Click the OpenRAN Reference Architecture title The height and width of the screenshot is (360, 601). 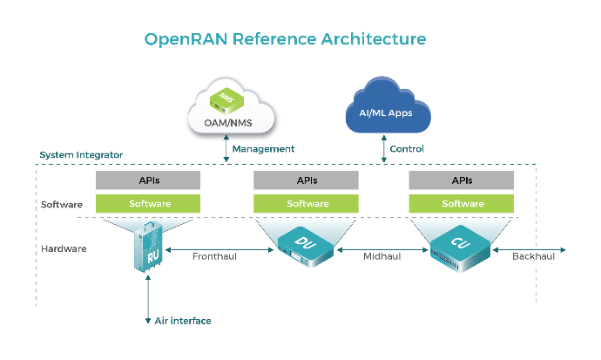(x=285, y=39)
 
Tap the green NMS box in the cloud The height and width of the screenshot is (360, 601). (x=226, y=101)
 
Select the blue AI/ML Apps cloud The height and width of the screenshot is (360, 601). (x=388, y=105)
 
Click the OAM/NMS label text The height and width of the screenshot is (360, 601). (x=228, y=123)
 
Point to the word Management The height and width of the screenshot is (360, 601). (x=263, y=149)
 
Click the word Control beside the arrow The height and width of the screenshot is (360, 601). (x=407, y=149)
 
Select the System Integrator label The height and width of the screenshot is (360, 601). (x=81, y=155)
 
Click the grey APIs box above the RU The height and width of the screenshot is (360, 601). (x=148, y=180)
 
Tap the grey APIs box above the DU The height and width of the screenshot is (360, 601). (x=306, y=180)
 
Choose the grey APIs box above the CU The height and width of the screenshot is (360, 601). (x=462, y=180)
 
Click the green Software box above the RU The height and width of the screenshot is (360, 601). (x=148, y=204)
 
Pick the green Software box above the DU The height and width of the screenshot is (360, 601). (x=306, y=204)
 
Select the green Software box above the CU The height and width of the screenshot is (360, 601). (x=462, y=204)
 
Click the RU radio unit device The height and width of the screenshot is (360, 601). (x=148, y=247)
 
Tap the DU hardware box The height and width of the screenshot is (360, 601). (x=306, y=247)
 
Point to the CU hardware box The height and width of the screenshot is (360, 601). (x=460, y=248)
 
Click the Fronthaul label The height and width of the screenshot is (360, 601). (x=214, y=256)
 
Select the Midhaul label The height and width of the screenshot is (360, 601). (x=382, y=256)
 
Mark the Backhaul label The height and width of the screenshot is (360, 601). (x=534, y=256)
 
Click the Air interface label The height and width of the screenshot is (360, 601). (x=183, y=321)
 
